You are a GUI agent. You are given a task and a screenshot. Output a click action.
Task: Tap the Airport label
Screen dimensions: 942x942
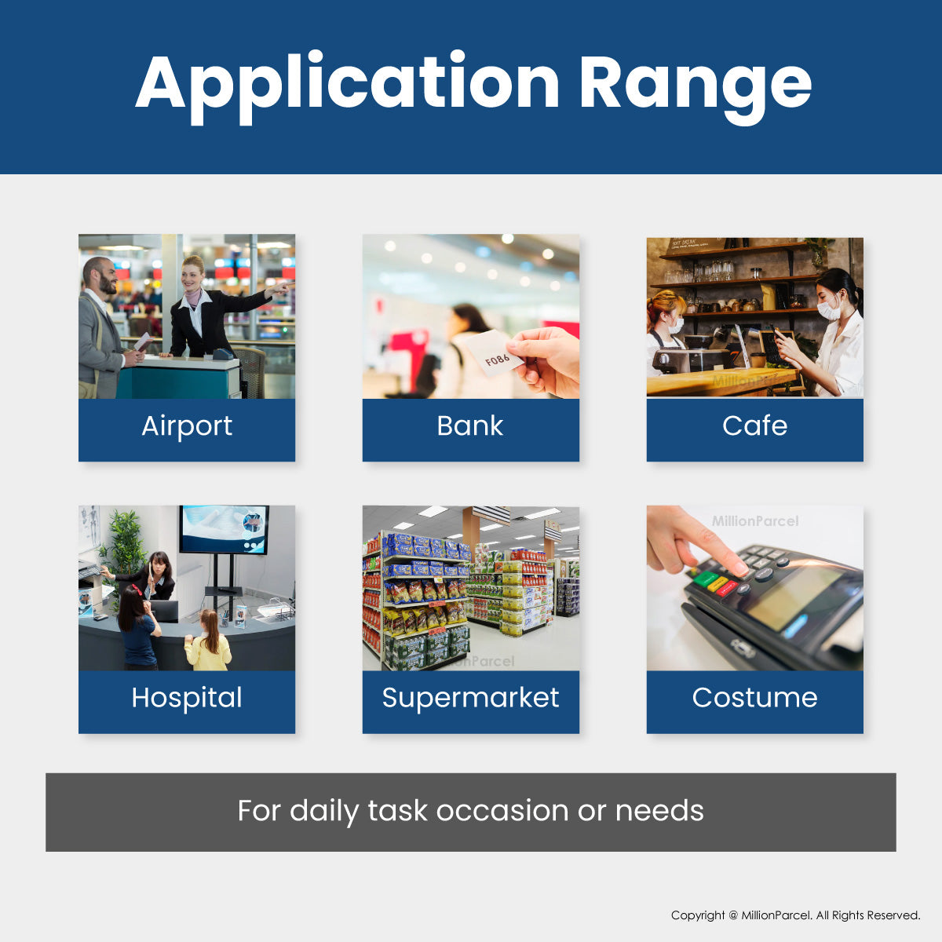pos(187,426)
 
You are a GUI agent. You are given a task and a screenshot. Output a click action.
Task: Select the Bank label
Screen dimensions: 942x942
pos(470,426)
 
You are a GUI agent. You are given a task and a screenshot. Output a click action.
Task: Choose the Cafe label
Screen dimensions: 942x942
pos(754,426)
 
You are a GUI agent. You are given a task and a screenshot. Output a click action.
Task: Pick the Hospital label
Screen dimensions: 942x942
pos(187,698)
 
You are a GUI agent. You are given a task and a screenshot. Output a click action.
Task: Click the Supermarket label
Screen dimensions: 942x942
pos(470,698)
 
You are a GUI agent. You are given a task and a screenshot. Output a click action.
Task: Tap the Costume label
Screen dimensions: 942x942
pos(754,698)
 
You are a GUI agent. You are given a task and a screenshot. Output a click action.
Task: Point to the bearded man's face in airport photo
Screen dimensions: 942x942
pos(102,276)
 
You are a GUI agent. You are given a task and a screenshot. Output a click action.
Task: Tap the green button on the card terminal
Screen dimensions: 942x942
pos(706,579)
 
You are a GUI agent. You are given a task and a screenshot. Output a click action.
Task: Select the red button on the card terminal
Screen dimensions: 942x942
pos(728,588)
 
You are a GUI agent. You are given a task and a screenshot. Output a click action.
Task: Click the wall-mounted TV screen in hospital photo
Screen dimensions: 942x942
pos(224,528)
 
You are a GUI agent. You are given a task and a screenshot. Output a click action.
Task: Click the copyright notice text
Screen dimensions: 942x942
pos(795,915)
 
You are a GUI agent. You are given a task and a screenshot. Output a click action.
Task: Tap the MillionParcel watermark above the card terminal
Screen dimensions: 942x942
pos(755,521)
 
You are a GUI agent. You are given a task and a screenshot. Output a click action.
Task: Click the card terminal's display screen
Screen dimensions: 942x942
pos(793,594)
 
